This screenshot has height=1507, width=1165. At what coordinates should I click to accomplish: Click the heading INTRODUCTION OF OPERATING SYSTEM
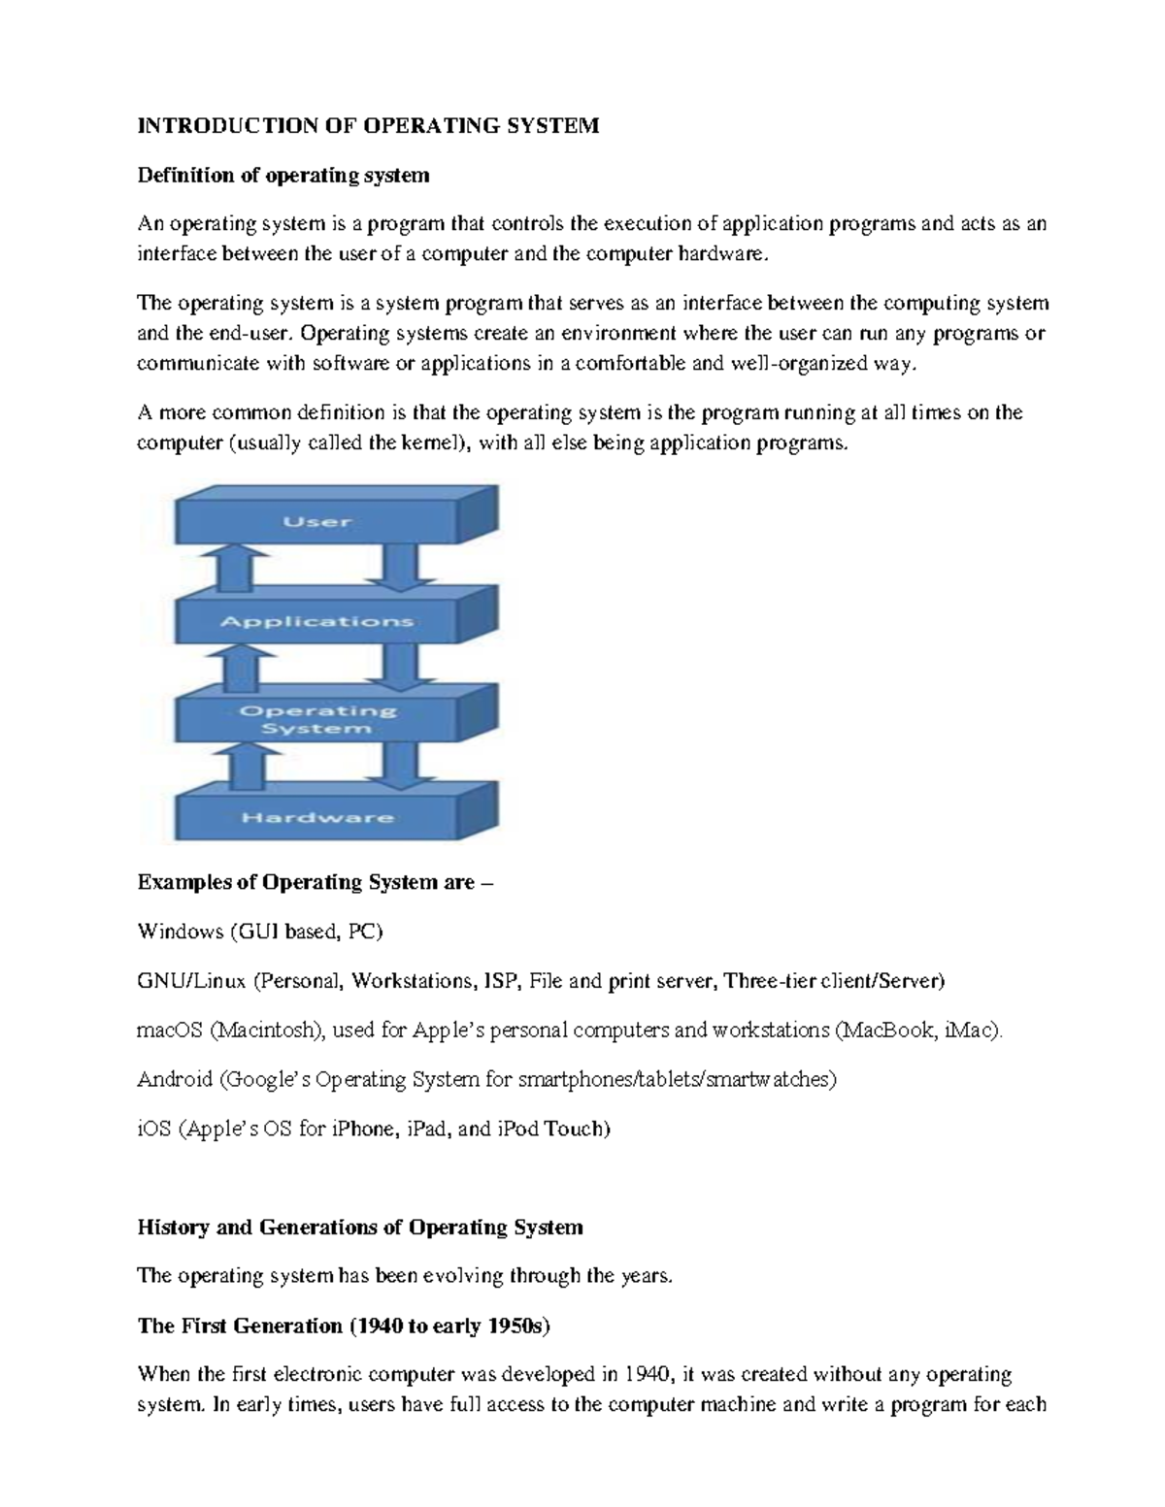point(368,125)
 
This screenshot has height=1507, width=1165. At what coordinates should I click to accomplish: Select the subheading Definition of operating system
point(283,175)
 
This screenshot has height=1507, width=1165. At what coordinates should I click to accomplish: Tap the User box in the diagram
point(317,522)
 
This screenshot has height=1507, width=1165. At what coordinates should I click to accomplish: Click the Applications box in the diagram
point(317,621)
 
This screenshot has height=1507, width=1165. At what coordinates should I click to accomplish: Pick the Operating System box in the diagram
point(317,719)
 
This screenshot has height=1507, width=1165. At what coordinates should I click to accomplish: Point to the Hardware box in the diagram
point(317,817)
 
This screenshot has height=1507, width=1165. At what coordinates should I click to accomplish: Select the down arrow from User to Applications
point(398,568)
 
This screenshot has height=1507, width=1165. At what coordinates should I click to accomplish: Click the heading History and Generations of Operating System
point(360,1227)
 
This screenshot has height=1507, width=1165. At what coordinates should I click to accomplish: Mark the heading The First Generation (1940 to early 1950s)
point(342,1326)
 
